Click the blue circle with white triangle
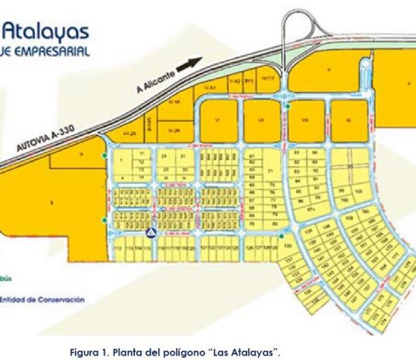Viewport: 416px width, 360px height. [151, 232]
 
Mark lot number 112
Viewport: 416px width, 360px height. [117, 249]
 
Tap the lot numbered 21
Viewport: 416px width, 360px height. [164, 157]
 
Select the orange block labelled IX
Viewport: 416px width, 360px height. [348, 120]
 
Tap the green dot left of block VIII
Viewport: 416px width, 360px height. [287, 106]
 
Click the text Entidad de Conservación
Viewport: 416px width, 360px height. [43, 298]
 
